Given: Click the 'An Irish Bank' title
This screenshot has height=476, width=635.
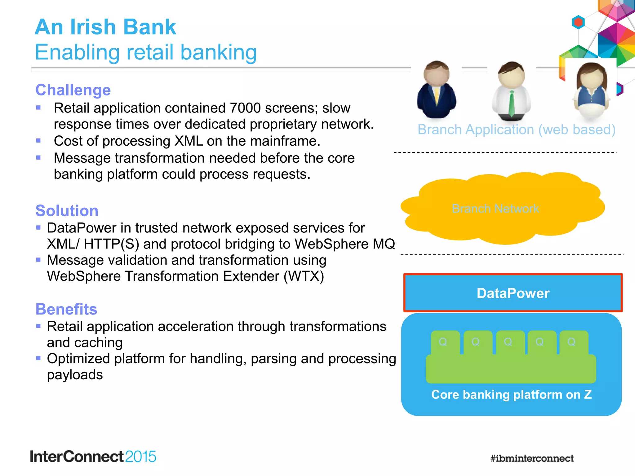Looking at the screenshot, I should [105, 27].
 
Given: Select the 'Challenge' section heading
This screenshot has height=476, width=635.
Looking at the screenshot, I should [73, 90].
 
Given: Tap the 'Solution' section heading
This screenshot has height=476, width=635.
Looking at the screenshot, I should [67, 211].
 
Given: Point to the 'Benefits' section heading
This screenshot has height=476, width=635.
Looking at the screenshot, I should [66, 309].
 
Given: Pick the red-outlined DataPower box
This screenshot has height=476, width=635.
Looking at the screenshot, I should [513, 293].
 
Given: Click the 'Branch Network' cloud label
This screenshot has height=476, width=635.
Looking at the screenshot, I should [495, 209].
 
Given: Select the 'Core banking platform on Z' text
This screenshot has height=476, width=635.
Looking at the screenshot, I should [511, 394].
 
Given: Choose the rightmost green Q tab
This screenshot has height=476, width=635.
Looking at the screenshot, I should [572, 342].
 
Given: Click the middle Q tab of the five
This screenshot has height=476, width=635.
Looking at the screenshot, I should [508, 342].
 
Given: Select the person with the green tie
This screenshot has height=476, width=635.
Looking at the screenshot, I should [511, 91].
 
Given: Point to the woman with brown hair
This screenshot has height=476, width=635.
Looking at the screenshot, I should [591, 91].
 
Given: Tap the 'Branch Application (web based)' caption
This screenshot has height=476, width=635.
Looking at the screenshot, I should [516, 130].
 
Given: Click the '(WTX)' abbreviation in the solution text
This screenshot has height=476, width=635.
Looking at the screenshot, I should [304, 276].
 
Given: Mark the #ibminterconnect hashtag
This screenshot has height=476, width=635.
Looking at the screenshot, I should [532, 458].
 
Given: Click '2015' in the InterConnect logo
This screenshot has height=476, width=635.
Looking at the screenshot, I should [140, 457].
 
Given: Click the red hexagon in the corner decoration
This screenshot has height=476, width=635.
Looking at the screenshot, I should [578, 22].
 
